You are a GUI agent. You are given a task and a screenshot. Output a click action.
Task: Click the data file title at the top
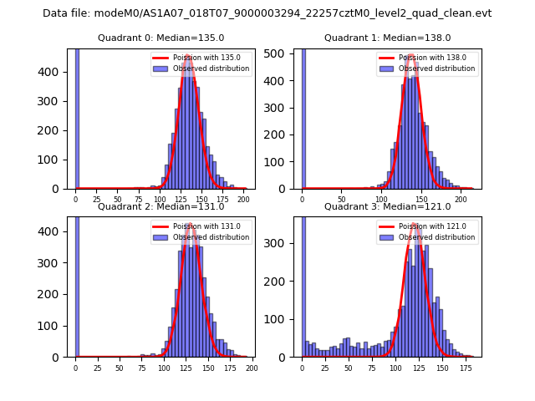(267, 13)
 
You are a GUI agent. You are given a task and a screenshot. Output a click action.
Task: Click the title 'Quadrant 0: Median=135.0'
(160, 38)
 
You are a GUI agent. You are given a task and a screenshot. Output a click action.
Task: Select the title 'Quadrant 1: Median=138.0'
(387, 38)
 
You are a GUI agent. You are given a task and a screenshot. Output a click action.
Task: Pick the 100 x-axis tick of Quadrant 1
(381, 200)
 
